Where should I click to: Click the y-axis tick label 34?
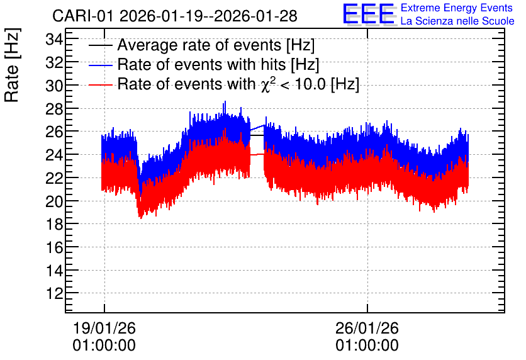pos(54,40)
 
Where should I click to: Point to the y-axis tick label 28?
pos(54,109)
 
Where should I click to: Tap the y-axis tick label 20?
pos(54,201)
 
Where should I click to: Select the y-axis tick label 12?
pos(54,293)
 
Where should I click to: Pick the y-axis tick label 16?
pos(54,247)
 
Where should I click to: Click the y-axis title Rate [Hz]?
pos(13,65)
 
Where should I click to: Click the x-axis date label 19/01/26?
pos(104,328)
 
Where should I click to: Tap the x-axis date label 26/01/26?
pos(367,328)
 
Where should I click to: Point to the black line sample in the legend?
pos(100,45)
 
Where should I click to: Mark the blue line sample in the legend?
pos(100,65)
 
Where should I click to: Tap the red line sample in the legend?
pos(100,84)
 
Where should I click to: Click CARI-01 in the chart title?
pos(83,16)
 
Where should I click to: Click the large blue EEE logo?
pos(369,14)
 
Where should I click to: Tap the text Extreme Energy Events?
pos(457,8)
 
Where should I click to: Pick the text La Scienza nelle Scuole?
pos(457,21)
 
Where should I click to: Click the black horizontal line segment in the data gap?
pos(257,135)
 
